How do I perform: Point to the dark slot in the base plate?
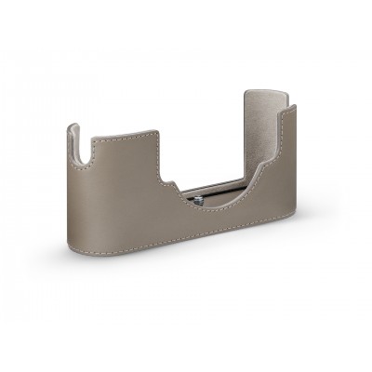(216, 196)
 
